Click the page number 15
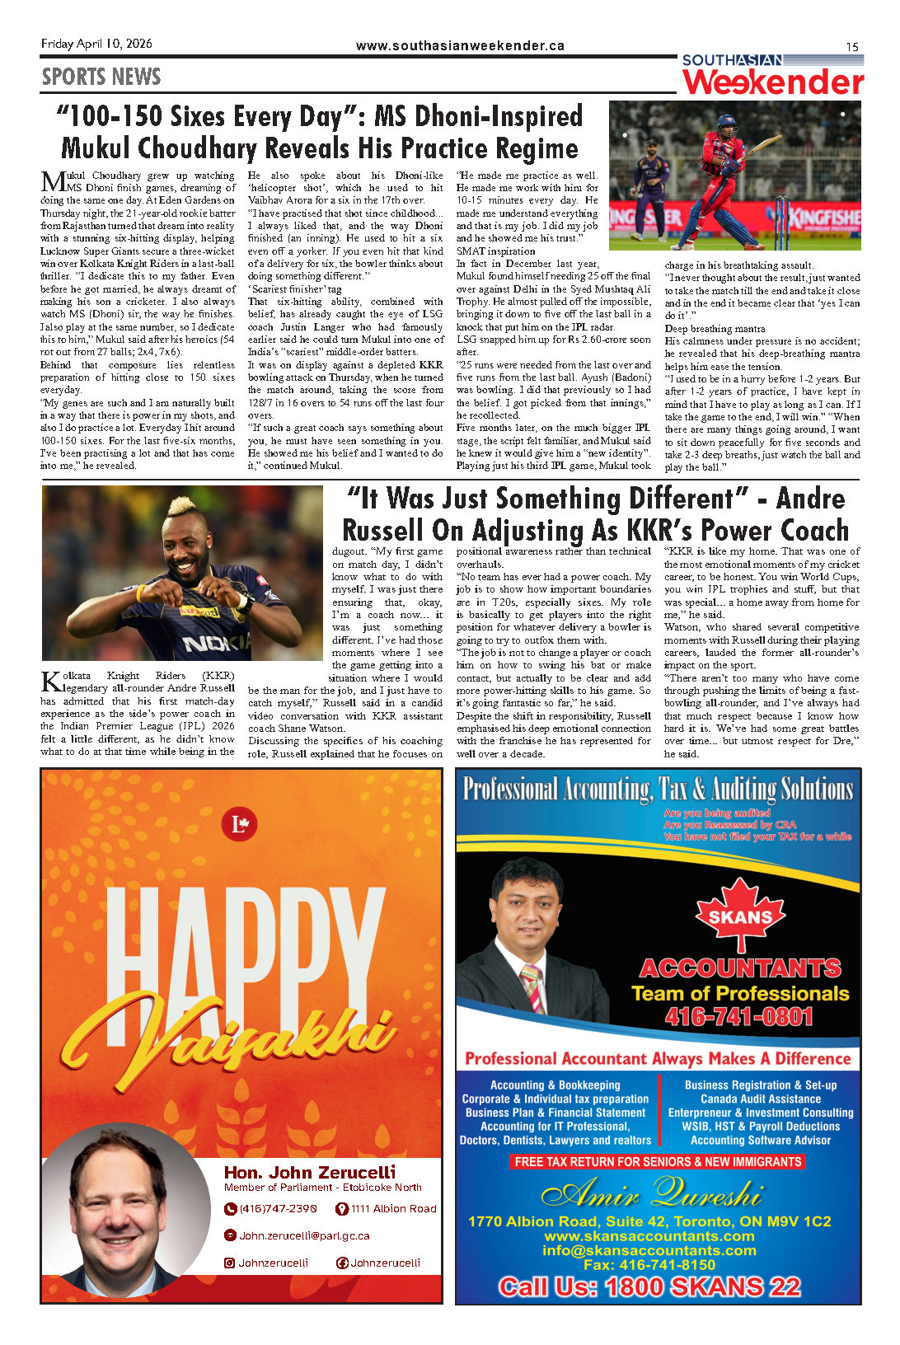pos(852,47)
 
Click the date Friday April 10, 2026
pos(96,44)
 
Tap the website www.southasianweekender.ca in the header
pos(460,46)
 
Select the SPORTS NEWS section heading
pos(101,77)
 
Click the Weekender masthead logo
pos(772,81)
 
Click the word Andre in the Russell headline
pos(811,499)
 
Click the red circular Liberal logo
pos(240,824)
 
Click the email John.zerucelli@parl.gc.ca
pos(304,1236)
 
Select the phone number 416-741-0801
pos(738,1016)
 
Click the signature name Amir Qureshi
pos(651,1193)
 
